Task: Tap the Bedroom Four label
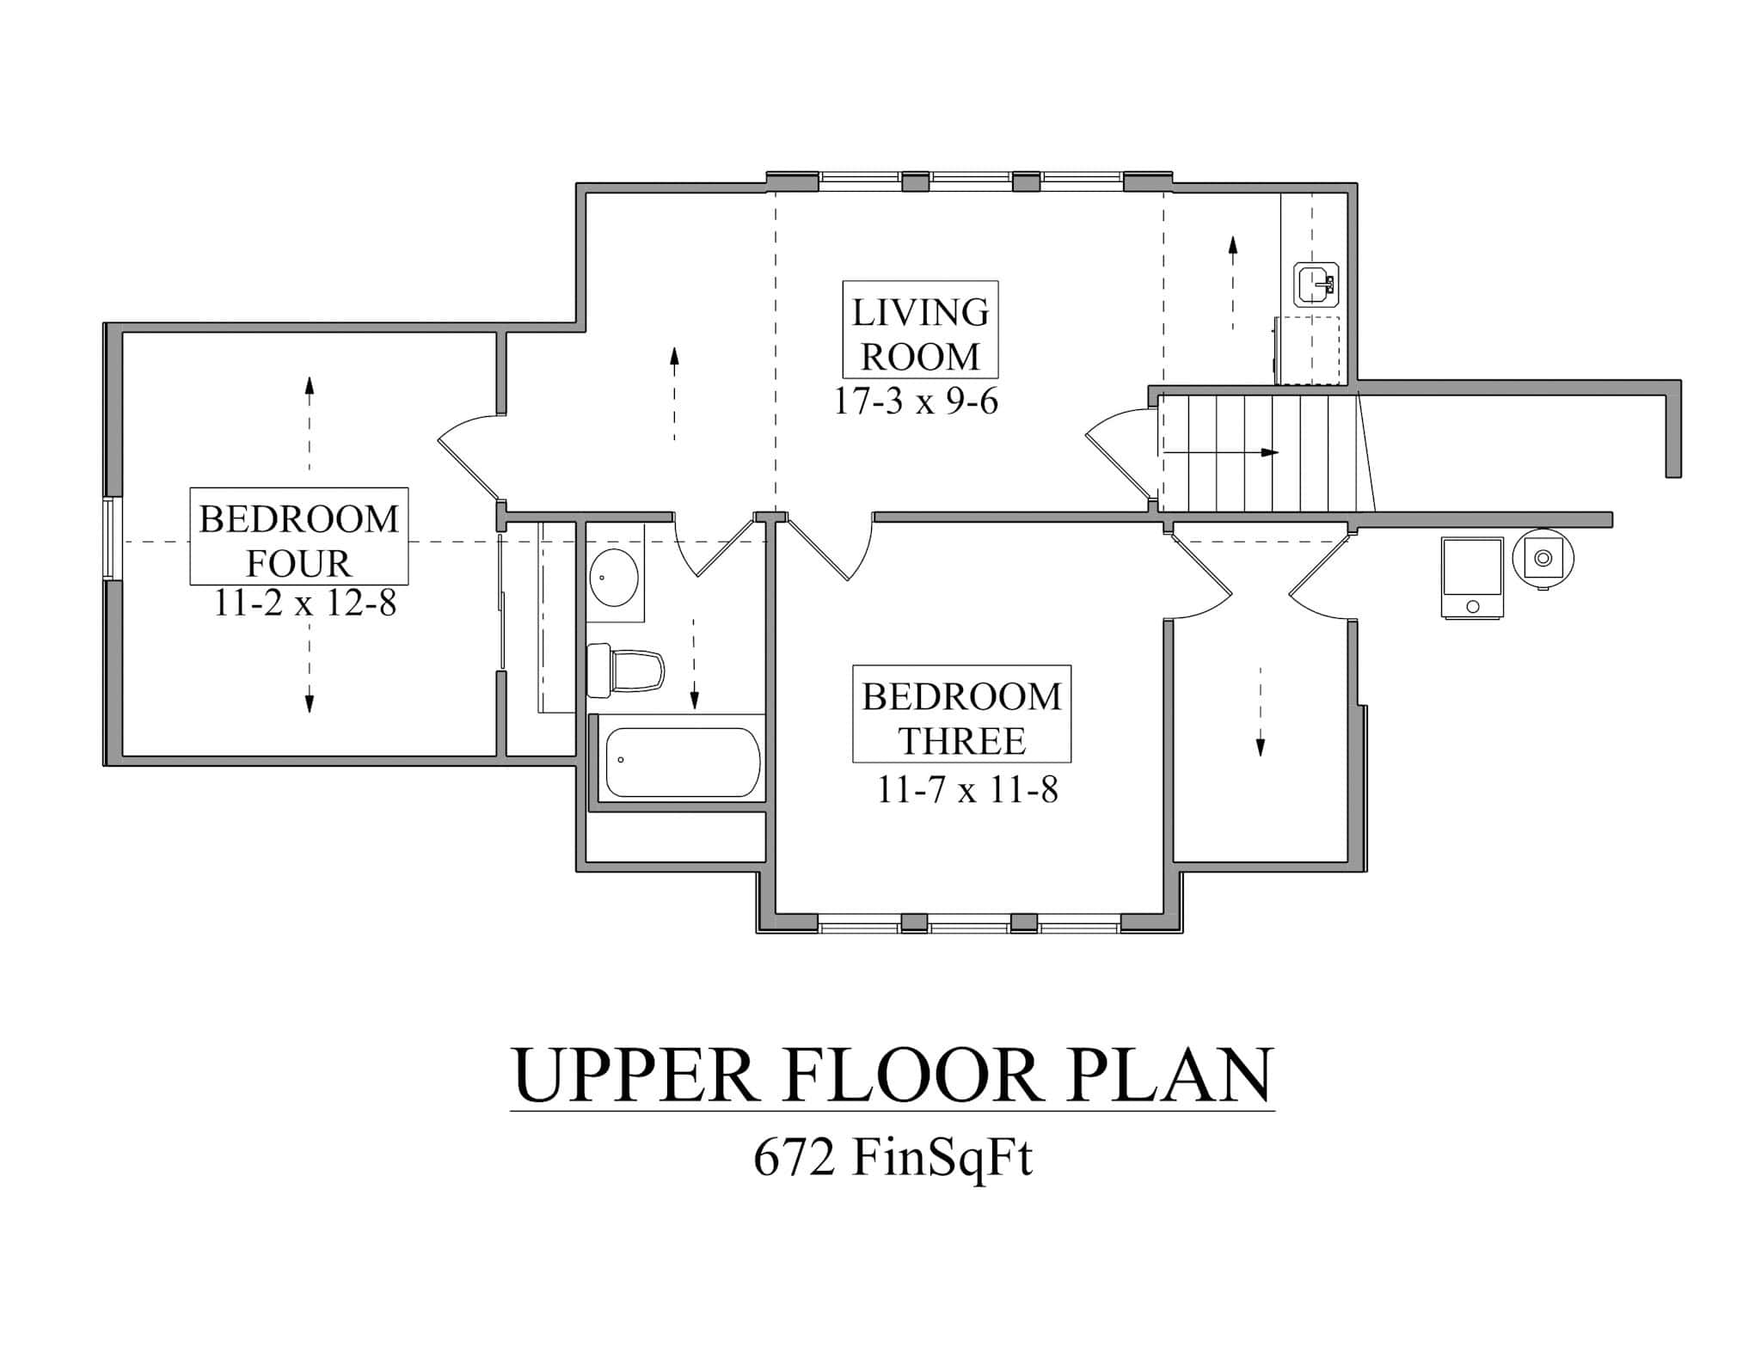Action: coord(298,536)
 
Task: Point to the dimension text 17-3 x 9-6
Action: coord(917,401)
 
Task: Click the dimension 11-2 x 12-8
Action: coord(304,603)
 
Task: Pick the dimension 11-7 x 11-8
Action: coord(966,789)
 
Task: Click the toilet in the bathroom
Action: coord(626,671)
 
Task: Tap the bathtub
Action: coord(683,762)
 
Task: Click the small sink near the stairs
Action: coord(1316,284)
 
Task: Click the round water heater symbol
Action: coord(1543,559)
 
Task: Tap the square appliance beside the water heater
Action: coord(1472,577)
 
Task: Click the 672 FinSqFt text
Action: coord(892,1158)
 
